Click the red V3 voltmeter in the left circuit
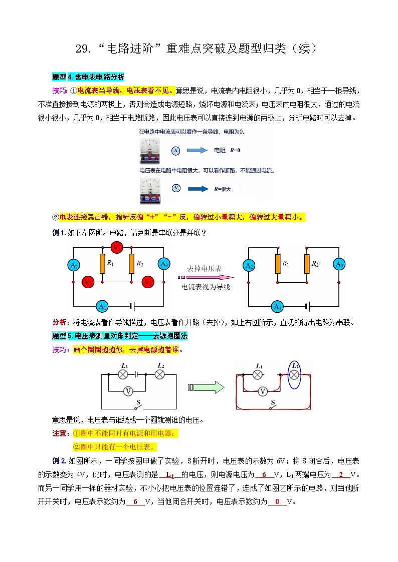[x=117, y=247]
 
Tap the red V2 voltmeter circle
[x=88, y=282]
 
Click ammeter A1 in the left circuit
[x=102, y=306]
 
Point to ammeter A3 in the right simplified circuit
[x=339, y=264]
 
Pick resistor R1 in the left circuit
[x=102, y=263]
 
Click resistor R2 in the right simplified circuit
[x=305, y=264]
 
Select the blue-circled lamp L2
[x=295, y=374]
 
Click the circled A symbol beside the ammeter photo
[x=175, y=150]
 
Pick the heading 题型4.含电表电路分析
[x=88, y=77]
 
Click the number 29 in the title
[x=82, y=49]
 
